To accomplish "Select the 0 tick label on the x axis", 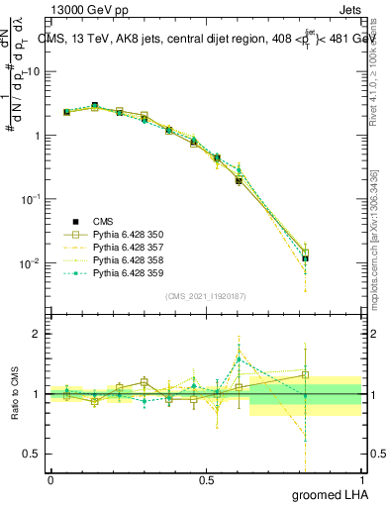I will point(50,480).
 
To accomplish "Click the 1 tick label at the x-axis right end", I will point(361,480).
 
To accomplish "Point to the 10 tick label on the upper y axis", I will point(32,71).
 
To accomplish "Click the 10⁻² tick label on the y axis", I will point(30,263).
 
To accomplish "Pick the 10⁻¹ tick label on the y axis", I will point(30,199).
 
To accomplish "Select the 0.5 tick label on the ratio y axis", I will point(33,455).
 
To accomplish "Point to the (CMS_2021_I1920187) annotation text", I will point(206,295).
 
